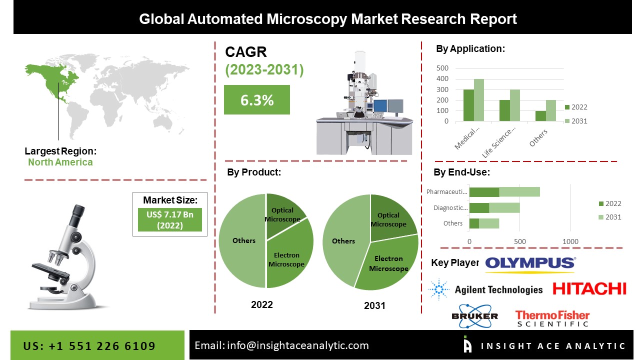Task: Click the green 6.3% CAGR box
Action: [x=256, y=99]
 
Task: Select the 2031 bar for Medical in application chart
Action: [x=479, y=100]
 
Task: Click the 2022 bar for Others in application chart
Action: [x=540, y=116]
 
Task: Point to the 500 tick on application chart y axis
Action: [x=442, y=68]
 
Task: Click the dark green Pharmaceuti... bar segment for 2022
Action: [x=484, y=192]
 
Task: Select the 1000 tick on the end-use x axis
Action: [x=570, y=241]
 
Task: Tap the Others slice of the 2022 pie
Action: [x=243, y=240]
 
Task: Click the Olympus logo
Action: [x=530, y=263]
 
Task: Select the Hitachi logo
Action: [x=589, y=288]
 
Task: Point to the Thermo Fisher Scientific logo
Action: [x=552, y=318]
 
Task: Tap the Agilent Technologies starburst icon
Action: [x=439, y=289]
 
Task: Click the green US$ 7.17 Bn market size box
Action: [x=170, y=219]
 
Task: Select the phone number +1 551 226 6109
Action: [x=89, y=346]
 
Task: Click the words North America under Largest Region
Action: [x=60, y=162]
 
